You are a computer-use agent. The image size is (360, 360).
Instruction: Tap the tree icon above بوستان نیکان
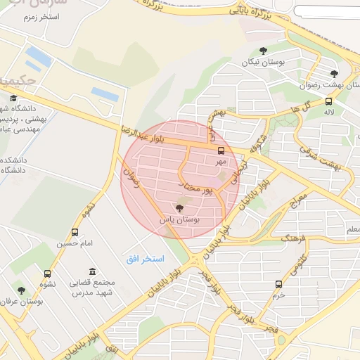click(x=263, y=50)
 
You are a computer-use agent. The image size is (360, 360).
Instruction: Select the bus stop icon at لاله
click(x=329, y=100)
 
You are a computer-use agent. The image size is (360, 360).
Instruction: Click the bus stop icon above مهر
click(x=221, y=150)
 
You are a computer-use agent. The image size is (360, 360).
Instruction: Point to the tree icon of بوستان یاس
click(x=179, y=208)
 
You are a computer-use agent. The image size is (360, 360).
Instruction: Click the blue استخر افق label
click(x=145, y=259)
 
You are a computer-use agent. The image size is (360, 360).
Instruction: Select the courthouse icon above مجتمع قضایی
click(x=92, y=271)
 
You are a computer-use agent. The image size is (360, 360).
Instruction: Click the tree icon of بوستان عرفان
click(x=20, y=289)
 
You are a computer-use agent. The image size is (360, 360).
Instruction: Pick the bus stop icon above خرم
click(x=279, y=284)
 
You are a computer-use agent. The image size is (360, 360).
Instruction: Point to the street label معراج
click(x=297, y=202)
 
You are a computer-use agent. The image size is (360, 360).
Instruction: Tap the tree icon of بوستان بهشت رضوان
click(x=334, y=73)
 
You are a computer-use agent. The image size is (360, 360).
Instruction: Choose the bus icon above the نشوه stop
click(x=47, y=274)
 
